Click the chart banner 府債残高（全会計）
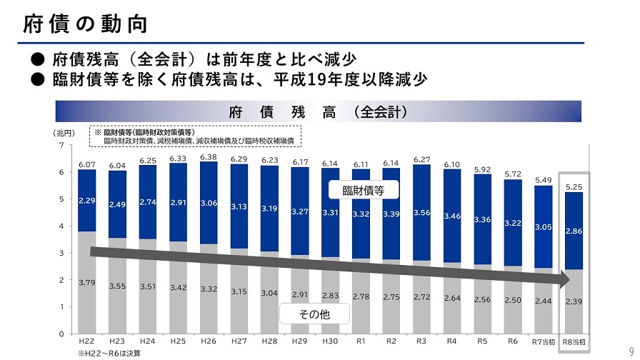point(318,111)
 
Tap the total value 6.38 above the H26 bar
point(209,157)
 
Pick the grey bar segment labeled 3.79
point(87,281)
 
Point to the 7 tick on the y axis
point(61,145)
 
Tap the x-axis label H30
point(331,341)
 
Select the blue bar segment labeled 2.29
point(87,201)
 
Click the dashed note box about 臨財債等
point(194,136)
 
